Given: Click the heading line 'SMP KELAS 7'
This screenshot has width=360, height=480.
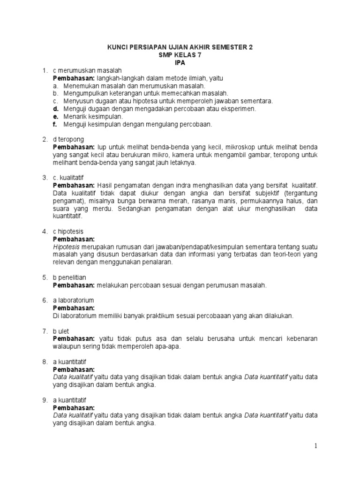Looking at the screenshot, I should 180,55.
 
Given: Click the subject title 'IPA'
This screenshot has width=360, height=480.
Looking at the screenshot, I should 180,62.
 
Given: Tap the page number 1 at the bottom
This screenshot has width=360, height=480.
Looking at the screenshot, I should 316,446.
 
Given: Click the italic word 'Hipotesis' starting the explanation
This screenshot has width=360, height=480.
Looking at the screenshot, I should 67,247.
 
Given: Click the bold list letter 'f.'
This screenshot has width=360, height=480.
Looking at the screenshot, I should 55,124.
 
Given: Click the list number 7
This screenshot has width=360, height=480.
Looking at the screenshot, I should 44,331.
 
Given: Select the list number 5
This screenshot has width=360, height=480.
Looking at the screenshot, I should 44,277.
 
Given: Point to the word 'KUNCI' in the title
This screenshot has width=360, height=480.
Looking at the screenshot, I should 119,47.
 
